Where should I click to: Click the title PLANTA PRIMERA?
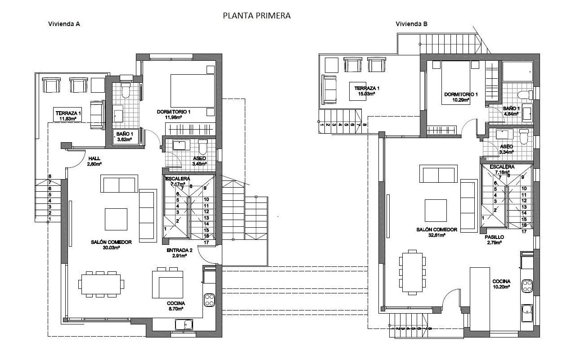256,15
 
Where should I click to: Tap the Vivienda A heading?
64,24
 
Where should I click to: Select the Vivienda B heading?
411,24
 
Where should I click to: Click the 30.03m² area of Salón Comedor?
111,247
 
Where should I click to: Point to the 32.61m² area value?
436,235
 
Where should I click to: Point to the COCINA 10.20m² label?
501,283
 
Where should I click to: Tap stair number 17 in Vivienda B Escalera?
524,232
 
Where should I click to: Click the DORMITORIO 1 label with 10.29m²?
461,97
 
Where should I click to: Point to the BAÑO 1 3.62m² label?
125,137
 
